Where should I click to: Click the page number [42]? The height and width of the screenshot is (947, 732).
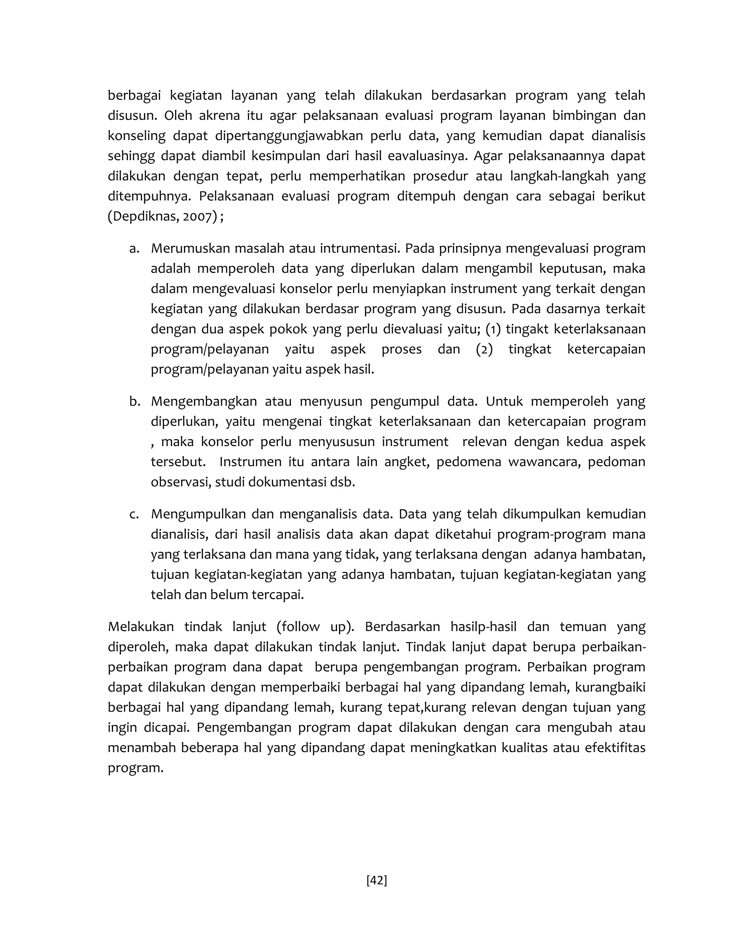click(376, 880)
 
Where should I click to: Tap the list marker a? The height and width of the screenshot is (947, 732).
click(134, 248)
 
